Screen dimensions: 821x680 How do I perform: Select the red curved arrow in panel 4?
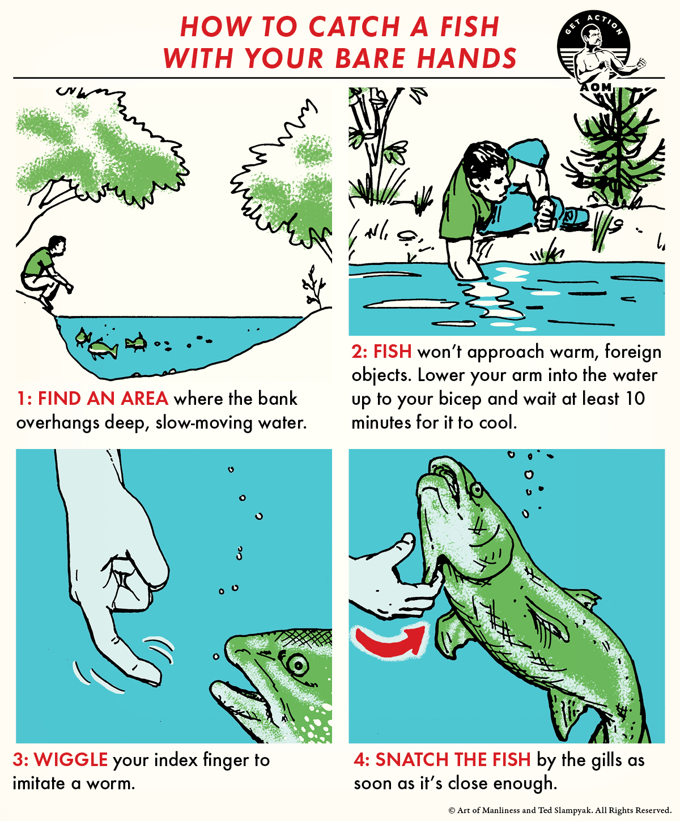point(391,640)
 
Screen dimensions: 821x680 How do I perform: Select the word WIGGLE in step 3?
point(71,760)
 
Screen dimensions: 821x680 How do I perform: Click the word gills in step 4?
point(603,760)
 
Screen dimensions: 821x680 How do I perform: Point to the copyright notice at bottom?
point(560,810)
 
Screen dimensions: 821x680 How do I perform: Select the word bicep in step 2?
point(456,399)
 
